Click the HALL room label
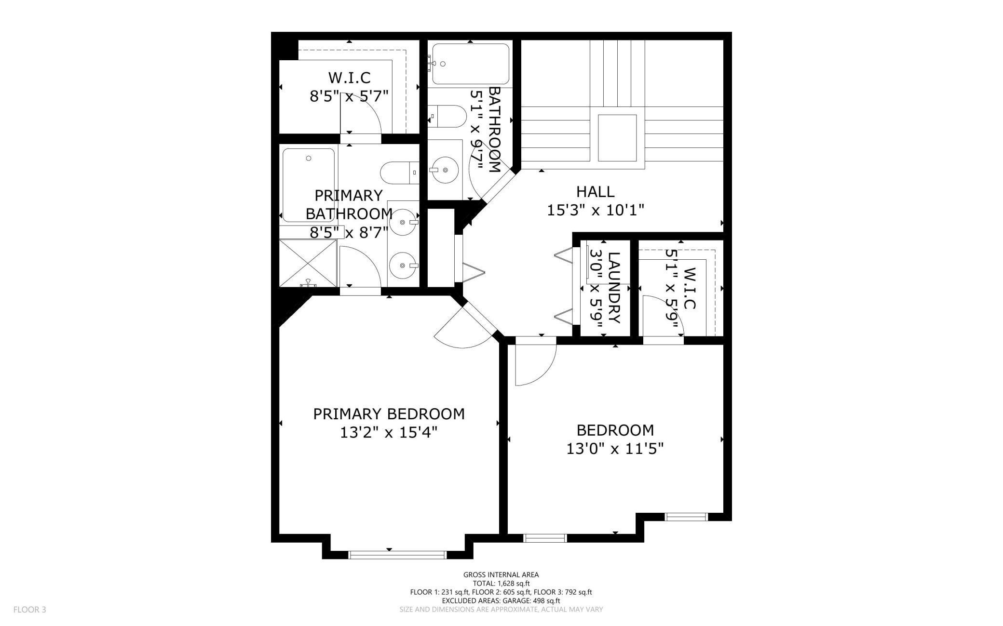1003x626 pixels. click(x=595, y=192)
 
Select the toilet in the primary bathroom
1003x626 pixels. click(x=400, y=173)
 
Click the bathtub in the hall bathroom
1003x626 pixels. click(x=470, y=64)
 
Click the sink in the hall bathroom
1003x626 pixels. click(x=445, y=170)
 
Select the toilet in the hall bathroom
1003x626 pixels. click(x=448, y=116)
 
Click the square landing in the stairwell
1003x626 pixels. click(x=617, y=138)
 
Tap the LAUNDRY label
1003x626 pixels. click(x=613, y=288)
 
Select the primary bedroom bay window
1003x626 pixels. click(x=397, y=555)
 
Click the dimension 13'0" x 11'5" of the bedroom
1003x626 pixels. click(x=615, y=449)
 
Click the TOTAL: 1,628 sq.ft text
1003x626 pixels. click(x=501, y=584)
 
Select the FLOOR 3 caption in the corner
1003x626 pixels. click(x=29, y=610)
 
